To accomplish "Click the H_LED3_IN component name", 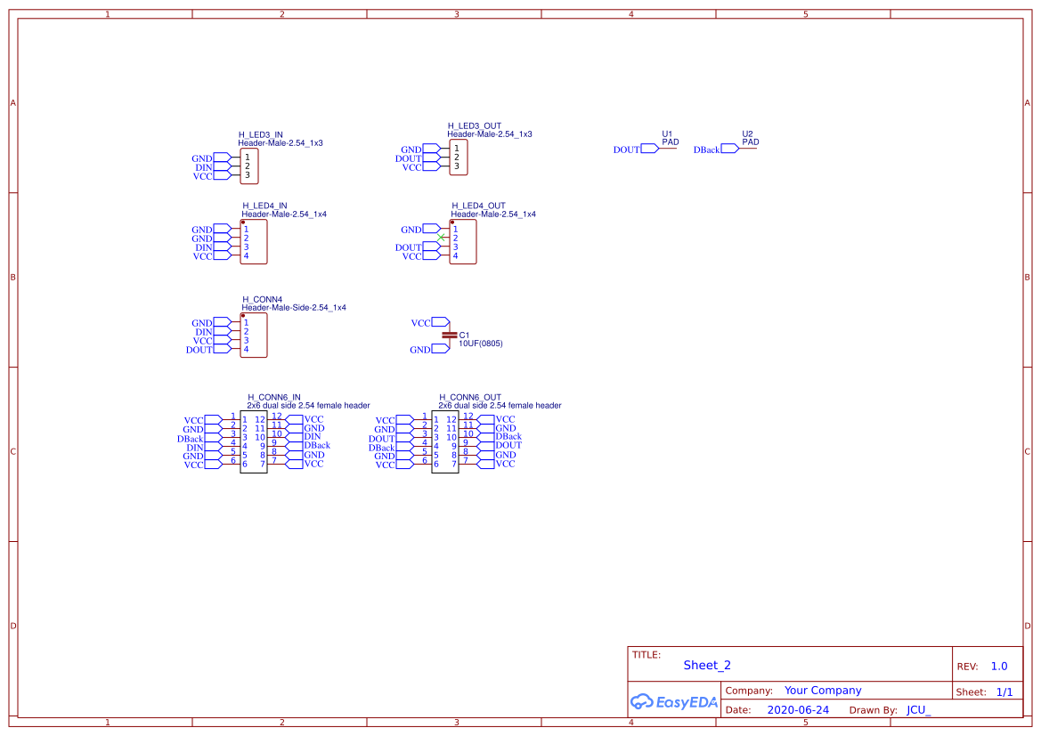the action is pos(260,134).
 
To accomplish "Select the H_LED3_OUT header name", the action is pos(474,126).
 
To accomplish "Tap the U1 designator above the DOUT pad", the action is pos(667,134).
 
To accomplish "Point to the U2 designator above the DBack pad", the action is pos(747,134).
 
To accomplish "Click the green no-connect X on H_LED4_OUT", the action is pos(441,238).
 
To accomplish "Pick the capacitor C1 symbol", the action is pos(450,336).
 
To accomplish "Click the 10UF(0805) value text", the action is pos(481,344).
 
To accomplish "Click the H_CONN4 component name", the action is pos(262,299).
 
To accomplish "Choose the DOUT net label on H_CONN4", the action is pos(199,350).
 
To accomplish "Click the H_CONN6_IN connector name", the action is pos(273,398).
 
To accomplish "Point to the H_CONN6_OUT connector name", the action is pos(470,398).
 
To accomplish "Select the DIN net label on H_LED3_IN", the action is pos(203,168).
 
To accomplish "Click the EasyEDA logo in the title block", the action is pos(674,701).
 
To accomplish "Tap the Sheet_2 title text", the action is pos(707,666).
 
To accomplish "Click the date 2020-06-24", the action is pos(798,710).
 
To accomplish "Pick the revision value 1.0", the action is pos(999,667).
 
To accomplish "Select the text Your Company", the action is pos(823,691).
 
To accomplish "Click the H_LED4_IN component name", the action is pos(264,206).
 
